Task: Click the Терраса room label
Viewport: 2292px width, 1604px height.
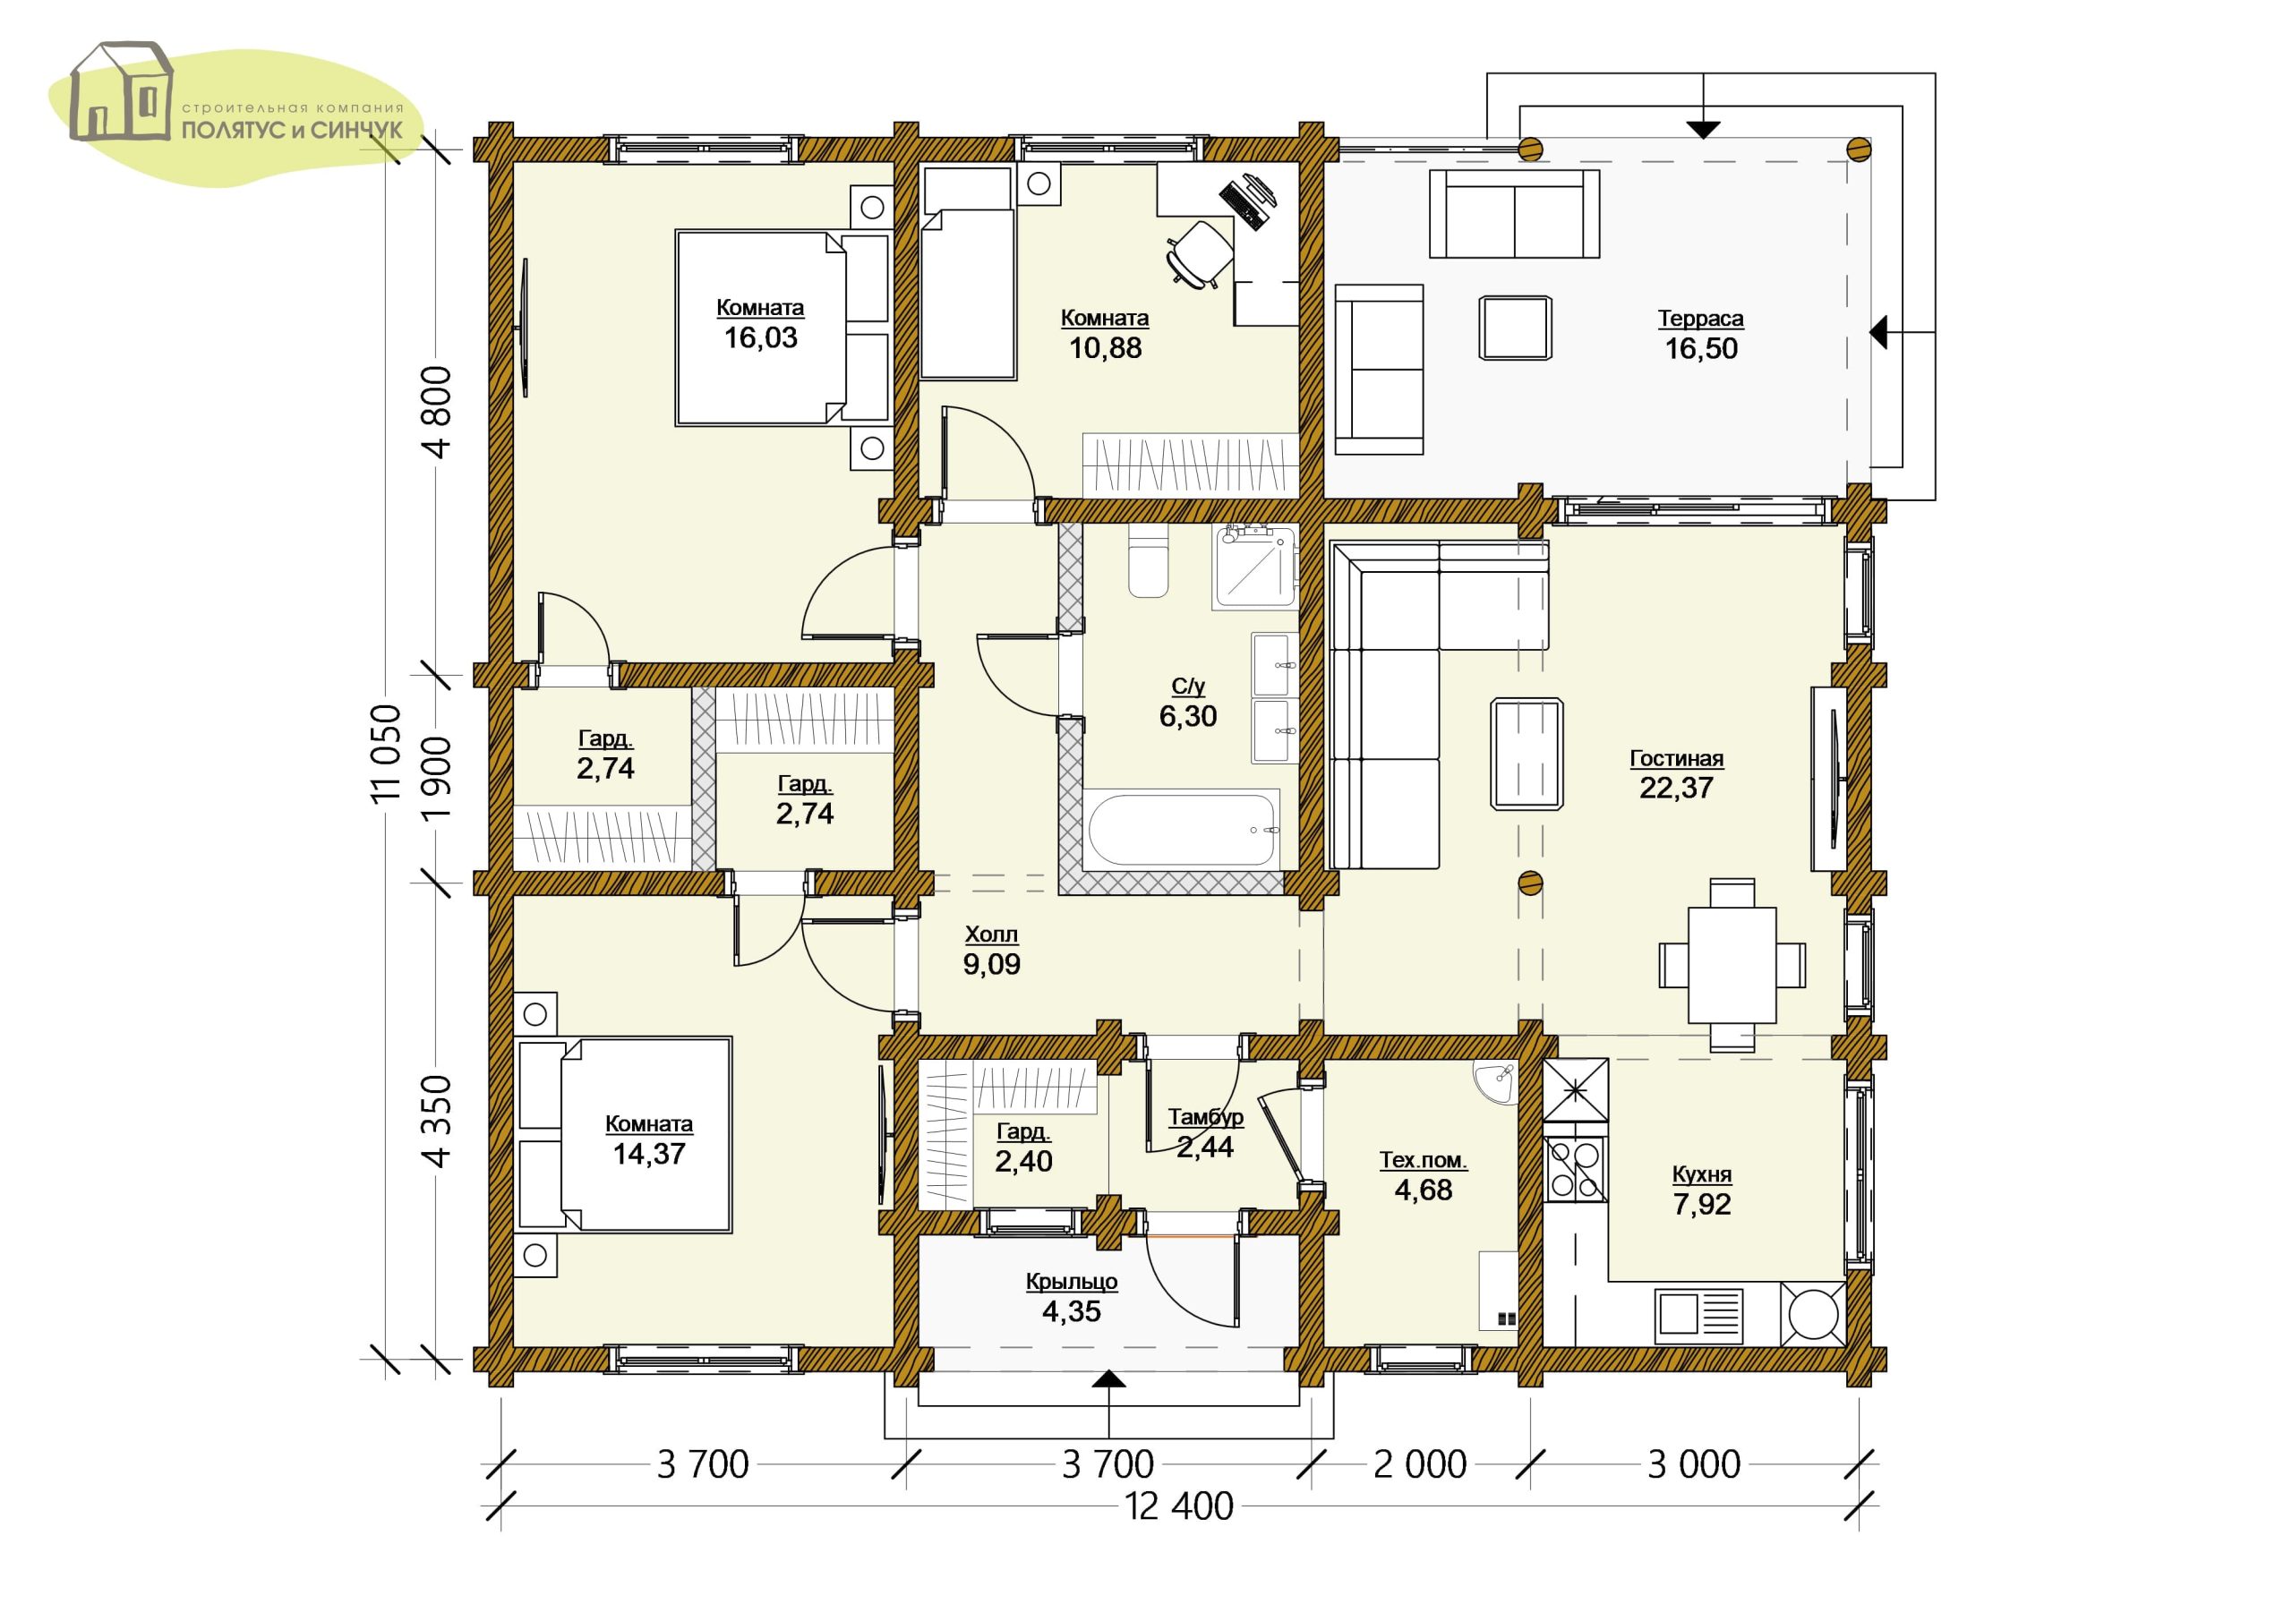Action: (x=1700, y=319)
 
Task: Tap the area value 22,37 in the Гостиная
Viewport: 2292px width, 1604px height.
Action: (x=1676, y=788)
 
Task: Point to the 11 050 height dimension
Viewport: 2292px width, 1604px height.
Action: (x=385, y=752)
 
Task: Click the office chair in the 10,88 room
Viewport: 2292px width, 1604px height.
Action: (x=1199, y=253)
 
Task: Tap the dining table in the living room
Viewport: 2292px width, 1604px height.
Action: (x=1732, y=964)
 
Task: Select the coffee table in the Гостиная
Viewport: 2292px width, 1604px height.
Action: (x=1527, y=754)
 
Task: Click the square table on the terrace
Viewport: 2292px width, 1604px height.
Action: (x=1516, y=328)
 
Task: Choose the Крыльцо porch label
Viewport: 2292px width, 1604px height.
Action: (x=1071, y=1282)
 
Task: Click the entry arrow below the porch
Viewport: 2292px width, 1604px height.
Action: (x=1109, y=1378)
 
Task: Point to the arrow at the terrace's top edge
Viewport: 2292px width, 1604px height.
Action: (x=1703, y=129)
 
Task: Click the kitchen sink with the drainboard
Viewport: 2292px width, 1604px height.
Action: (x=1700, y=1316)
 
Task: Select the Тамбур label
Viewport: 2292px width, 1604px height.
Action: (x=1206, y=1116)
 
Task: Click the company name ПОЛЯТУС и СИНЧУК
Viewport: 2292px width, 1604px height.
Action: (x=292, y=130)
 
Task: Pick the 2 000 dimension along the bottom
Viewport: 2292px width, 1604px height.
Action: (x=1420, y=1464)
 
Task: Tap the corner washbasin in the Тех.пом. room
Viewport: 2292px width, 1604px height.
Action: (x=1496, y=1082)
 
